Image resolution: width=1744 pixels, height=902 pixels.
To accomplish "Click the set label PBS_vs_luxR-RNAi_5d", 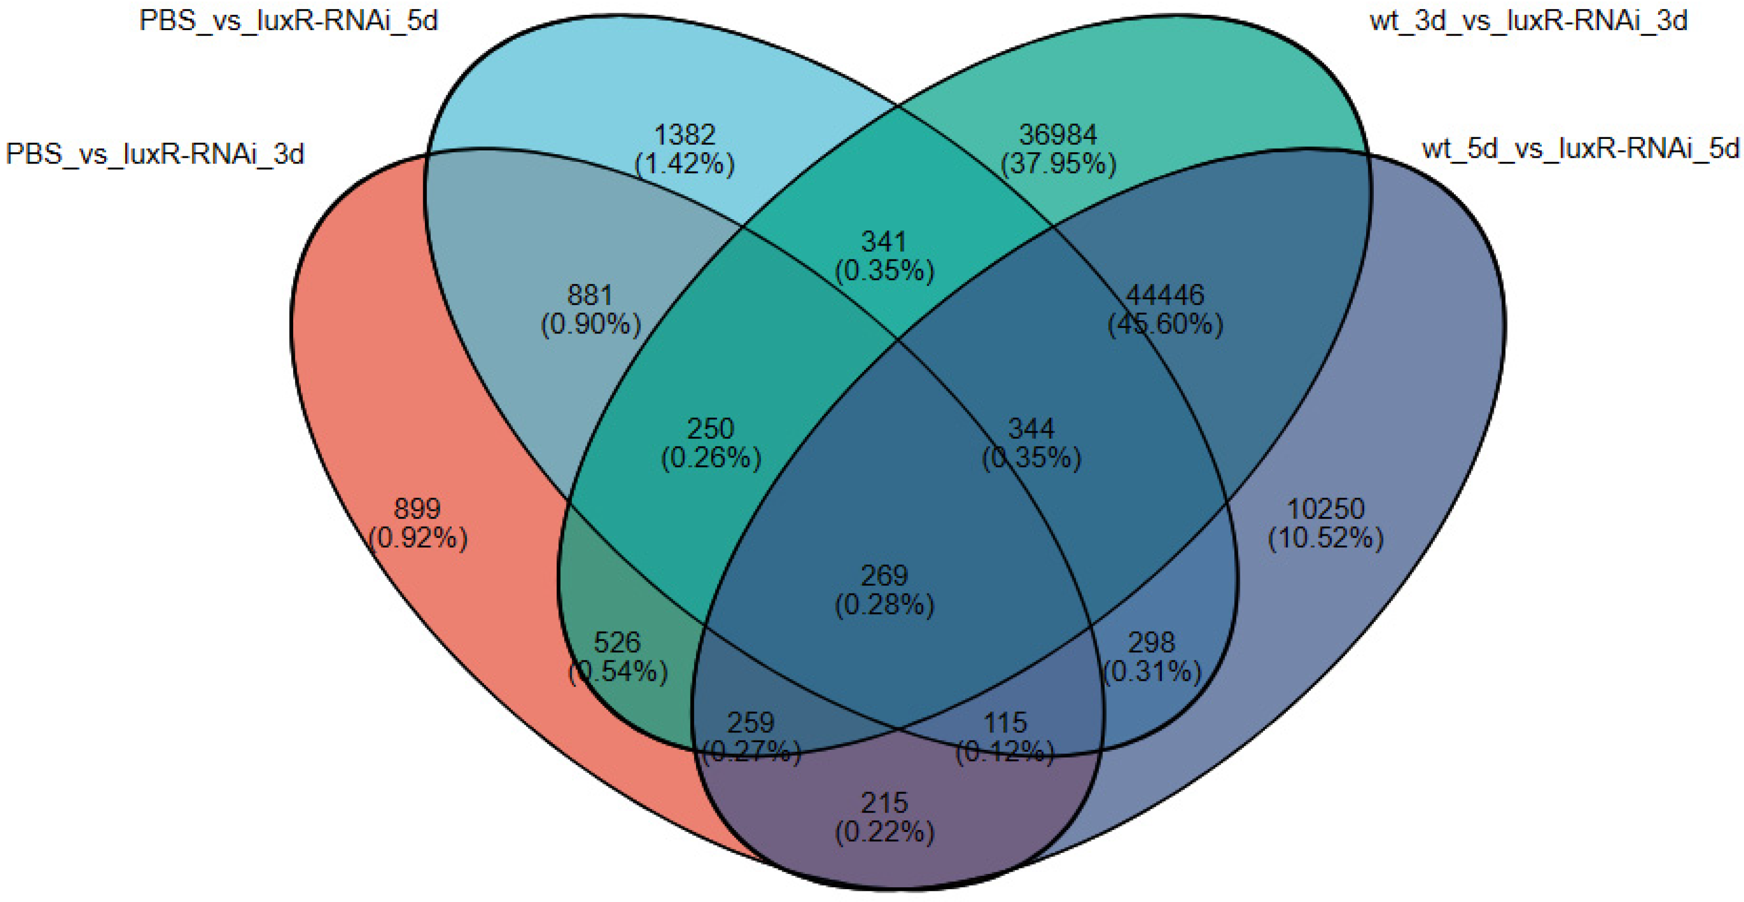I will [289, 21].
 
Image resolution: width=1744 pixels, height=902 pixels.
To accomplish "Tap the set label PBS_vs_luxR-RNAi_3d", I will [155, 154].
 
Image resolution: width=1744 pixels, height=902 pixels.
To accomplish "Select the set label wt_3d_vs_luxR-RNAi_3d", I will [1528, 21].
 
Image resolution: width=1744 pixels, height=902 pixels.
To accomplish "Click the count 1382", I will [684, 135].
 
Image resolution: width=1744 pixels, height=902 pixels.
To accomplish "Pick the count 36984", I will [1058, 135].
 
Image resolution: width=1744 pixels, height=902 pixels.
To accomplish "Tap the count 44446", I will [1164, 295].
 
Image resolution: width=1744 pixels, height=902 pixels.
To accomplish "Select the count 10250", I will [1325, 509].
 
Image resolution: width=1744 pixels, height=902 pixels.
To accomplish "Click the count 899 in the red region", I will [417, 509].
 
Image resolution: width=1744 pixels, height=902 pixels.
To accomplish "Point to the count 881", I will [590, 295].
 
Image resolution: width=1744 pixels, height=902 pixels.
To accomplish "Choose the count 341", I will [883, 242].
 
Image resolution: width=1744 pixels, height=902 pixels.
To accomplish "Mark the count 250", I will [710, 429].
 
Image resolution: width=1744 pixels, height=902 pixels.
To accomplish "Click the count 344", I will [1031, 429].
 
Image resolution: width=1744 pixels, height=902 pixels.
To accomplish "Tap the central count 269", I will [884, 576].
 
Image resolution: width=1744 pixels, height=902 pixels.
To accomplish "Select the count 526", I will [617, 642].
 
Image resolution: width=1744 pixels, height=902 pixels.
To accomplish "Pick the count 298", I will [1152, 642].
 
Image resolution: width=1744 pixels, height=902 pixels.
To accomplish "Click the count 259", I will [750, 723].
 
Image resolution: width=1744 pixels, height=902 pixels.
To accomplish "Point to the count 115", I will [1005, 723].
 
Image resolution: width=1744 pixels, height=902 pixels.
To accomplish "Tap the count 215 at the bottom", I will [884, 803].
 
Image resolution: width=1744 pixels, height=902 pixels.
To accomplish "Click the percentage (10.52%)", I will [1325, 538].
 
